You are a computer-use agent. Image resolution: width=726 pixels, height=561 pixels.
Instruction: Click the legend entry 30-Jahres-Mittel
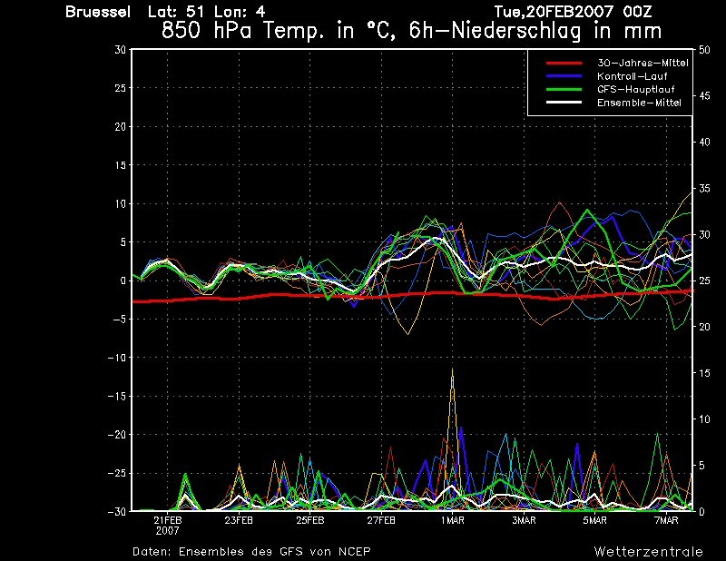(x=643, y=63)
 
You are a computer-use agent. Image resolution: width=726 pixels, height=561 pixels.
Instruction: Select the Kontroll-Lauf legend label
(x=632, y=76)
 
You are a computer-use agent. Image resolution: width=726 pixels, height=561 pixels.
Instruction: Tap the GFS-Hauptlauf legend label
(x=636, y=89)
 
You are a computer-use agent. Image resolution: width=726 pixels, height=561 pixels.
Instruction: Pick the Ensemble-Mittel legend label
(x=639, y=103)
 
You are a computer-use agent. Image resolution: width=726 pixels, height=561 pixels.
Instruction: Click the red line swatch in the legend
(x=564, y=63)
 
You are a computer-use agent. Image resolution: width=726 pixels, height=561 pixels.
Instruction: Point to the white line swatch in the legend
(x=564, y=102)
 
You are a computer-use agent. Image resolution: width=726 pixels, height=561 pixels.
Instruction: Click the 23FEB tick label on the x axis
(x=239, y=520)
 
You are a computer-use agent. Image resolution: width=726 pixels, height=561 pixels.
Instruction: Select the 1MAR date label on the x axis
(x=452, y=520)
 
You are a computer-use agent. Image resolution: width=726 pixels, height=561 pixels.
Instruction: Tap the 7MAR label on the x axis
(x=666, y=520)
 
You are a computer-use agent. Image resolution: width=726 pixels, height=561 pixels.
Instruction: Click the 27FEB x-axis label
(x=381, y=520)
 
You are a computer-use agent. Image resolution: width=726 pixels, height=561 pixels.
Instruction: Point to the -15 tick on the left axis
(x=116, y=396)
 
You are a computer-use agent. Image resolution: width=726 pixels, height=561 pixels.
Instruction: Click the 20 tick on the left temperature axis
(x=120, y=126)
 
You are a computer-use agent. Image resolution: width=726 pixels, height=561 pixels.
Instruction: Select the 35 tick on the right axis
(x=704, y=189)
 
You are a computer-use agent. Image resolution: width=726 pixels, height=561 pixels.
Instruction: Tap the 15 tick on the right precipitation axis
(x=704, y=373)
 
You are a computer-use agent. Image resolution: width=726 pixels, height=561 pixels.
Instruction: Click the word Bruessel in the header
(x=98, y=12)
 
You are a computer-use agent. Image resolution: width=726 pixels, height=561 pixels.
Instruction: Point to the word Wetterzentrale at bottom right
(x=649, y=551)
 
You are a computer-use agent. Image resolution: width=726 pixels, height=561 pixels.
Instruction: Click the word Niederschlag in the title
(x=515, y=31)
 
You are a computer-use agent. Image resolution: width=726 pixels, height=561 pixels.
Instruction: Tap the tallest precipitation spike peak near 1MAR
(x=452, y=369)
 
